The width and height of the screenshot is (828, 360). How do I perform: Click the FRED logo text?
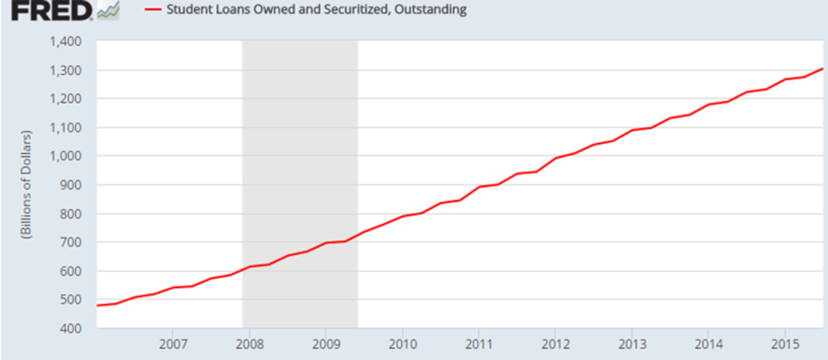46,10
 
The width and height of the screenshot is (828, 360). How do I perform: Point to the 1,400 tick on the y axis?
67,41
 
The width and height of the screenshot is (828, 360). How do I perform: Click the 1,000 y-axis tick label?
67,157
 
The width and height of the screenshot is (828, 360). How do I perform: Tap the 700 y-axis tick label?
72,242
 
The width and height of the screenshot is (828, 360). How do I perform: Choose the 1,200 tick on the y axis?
67,99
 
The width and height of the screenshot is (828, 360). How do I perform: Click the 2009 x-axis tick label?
324,343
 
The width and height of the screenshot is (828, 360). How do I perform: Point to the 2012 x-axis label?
554,343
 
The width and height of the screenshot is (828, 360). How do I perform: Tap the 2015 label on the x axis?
785,343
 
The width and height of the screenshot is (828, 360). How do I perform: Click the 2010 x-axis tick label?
401,343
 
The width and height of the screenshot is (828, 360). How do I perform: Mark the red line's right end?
822,68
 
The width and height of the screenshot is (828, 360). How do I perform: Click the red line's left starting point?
98,305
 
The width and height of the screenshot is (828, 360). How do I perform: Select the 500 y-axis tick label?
72,300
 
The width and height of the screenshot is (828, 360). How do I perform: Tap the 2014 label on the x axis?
708,343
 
